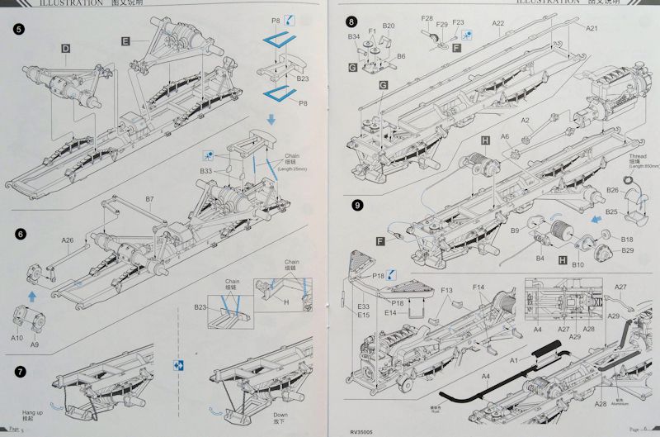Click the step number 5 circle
tap(19, 31)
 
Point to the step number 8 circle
tap(352, 21)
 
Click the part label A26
tap(68, 241)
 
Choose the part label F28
tap(427, 17)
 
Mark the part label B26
tap(611, 190)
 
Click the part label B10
tap(578, 264)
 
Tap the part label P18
tap(379, 274)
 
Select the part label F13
tap(447, 290)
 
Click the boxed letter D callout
tap(64, 49)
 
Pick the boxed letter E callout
tap(125, 40)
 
